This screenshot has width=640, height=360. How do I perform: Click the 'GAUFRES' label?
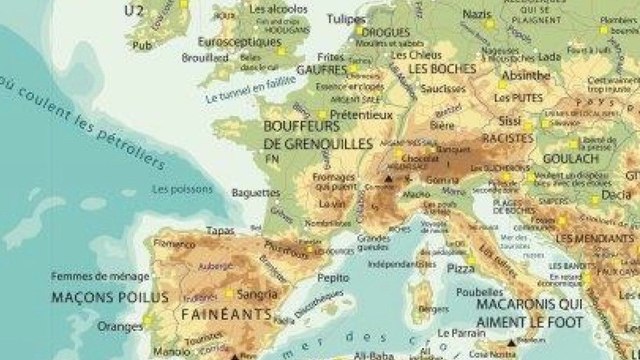click(x=322, y=71)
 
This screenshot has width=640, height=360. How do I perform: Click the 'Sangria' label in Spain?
click(x=258, y=294)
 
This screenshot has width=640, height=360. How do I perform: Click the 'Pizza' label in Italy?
click(x=461, y=269)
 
